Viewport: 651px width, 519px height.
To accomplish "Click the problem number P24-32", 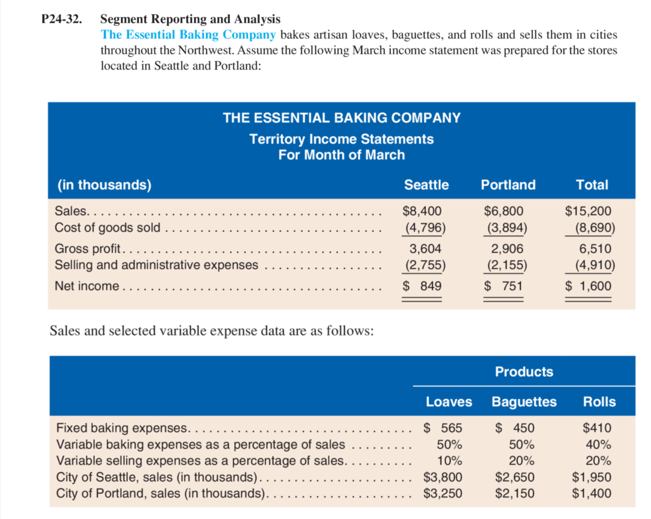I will click(x=62, y=19).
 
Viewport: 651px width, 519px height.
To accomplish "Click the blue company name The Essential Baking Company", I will click(x=188, y=35).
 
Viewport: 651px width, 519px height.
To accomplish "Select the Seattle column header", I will click(x=426, y=185).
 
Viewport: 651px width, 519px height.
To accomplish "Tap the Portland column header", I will click(x=508, y=185).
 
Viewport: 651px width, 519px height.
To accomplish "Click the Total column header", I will click(x=592, y=185).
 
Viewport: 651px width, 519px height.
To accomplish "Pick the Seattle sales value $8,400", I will click(x=422, y=211).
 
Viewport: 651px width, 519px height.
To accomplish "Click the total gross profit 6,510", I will click(x=595, y=249).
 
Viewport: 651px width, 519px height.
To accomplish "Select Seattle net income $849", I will click(x=422, y=286).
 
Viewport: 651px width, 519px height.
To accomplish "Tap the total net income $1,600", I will click(x=588, y=286).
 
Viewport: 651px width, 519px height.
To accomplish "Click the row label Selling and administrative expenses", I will click(x=156, y=265).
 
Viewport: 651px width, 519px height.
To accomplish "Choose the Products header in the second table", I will click(x=524, y=372).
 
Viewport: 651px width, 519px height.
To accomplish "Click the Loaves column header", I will click(x=449, y=402).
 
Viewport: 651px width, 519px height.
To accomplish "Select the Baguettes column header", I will click(x=524, y=402).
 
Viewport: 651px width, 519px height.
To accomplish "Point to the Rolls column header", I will click(x=599, y=402).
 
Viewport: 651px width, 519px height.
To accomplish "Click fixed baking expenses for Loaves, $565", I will click(x=443, y=428).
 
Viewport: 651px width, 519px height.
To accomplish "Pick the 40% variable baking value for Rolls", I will click(x=598, y=444).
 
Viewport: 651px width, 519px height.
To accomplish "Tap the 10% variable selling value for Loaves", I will click(x=449, y=461).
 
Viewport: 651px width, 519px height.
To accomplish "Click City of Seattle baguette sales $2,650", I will click(x=514, y=477).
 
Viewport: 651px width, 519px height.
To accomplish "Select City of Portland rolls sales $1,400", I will click(x=591, y=493).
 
